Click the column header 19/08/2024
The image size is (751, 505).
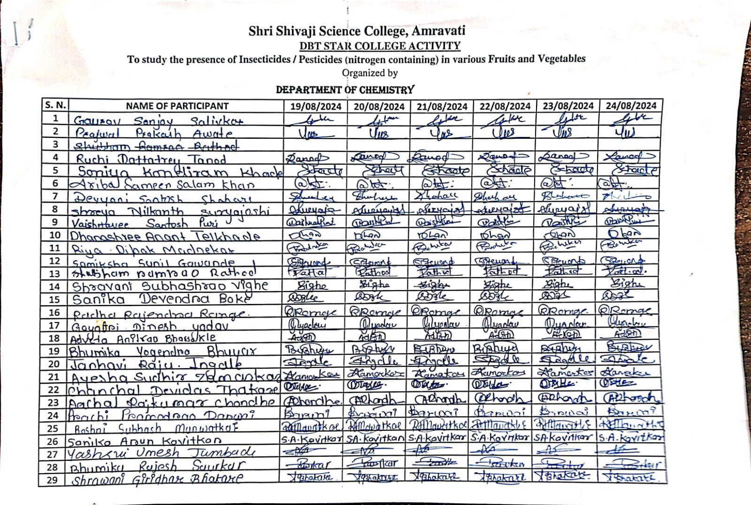click(315, 106)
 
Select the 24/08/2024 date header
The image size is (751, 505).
click(631, 106)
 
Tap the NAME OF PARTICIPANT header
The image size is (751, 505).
click(177, 106)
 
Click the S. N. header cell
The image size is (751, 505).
click(55, 105)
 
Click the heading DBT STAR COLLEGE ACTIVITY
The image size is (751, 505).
click(380, 46)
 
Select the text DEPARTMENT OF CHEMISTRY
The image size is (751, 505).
click(345, 90)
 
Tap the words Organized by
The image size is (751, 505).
click(369, 73)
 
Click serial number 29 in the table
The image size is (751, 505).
click(53, 480)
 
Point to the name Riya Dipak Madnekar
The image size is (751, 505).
click(153, 249)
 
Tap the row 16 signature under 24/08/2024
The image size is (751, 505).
click(625, 311)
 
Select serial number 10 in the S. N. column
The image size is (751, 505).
click(55, 235)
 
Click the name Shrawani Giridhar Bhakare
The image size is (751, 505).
click(157, 479)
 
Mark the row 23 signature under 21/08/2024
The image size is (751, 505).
click(440, 399)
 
